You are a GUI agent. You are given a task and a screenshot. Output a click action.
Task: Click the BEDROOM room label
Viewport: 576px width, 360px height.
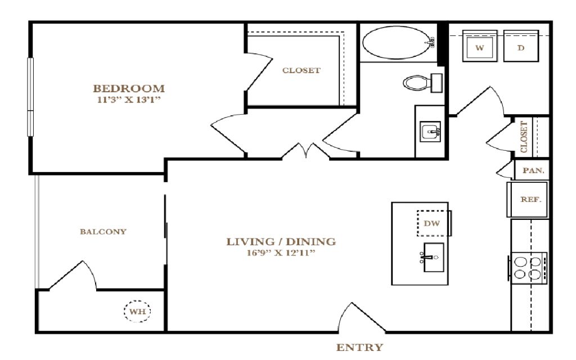[x=129, y=88]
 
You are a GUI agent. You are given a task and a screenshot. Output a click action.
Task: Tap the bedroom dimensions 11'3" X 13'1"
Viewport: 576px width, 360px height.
[x=129, y=100]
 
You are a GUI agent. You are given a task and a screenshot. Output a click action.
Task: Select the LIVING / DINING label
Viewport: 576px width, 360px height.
[x=281, y=242]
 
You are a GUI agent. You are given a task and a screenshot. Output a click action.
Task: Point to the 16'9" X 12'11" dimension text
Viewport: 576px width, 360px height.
[x=281, y=253]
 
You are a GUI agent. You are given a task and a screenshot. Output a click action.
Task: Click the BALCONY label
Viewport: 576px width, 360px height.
[x=103, y=232]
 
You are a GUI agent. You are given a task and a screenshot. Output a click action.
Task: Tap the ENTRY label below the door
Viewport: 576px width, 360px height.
[x=359, y=347]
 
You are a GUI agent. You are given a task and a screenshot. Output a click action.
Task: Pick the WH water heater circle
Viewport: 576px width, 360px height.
[x=137, y=312]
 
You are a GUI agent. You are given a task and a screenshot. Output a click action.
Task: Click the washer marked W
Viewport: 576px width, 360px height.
[x=480, y=46]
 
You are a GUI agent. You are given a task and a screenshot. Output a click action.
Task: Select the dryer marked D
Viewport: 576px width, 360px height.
[x=521, y=46]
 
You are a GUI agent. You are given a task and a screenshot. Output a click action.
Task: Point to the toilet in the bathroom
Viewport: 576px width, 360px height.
[x=422, y=83]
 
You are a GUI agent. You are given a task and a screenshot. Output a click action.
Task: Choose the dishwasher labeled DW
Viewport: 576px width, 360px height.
[x=433, y=223]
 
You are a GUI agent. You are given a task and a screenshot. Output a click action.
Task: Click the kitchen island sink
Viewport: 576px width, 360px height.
[x=433, y=257]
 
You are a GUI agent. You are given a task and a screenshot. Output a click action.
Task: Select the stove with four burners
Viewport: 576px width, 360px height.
[x=528, y=268]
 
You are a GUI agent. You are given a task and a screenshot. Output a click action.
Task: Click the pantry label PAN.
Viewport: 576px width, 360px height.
[x=533, y=170]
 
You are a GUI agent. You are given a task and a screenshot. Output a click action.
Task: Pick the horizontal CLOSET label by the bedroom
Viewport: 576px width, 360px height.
[x=301, y=70]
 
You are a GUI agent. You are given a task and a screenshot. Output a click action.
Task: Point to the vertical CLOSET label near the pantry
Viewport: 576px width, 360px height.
[x=524, y=137]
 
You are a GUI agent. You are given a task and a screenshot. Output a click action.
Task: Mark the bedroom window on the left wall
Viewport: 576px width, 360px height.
[x=30, y=97]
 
